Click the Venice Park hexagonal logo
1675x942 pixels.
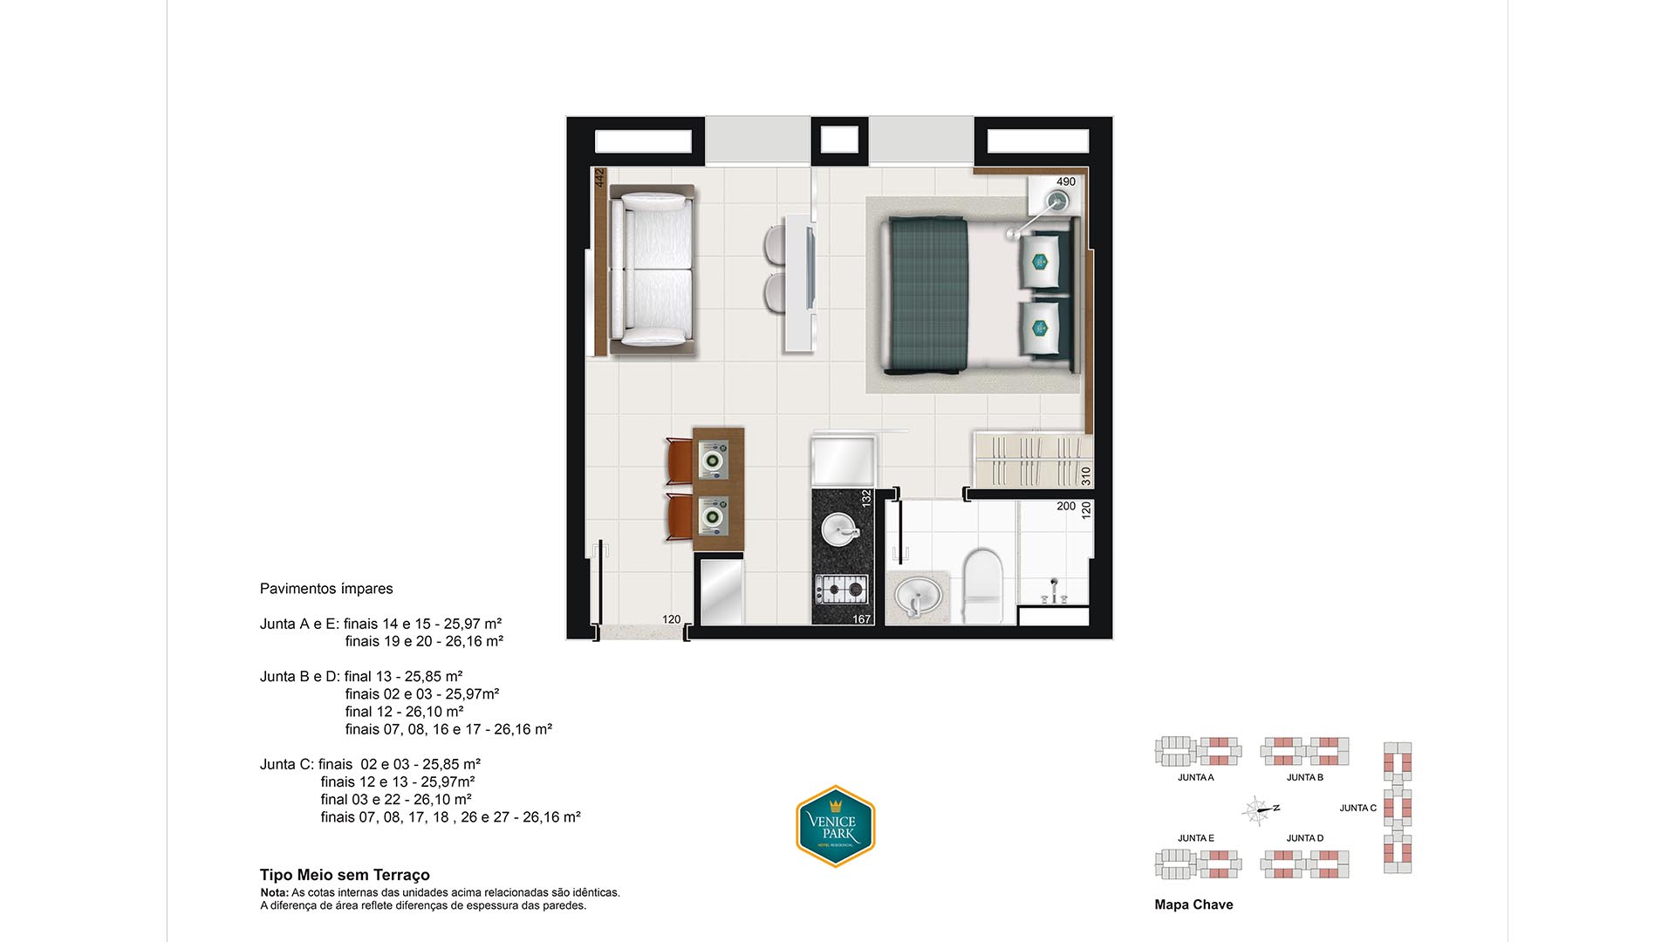(x=836, y=826)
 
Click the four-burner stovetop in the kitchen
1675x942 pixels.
(x=842, y=590)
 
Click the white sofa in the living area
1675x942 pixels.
(x=653, y=270)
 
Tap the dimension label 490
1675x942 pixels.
(x=1066, y=181)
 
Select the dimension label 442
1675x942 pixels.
(x=599, y=178)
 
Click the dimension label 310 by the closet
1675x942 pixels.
(x=1086, y=476)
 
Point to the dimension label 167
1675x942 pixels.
(x=862, y=619)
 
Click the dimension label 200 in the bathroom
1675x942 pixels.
(x=1066, y=506)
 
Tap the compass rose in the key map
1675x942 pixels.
(x=1258, y=810)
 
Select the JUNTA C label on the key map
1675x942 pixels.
(x=1358, y=808)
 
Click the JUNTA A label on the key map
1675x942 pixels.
(x=1195, y=777)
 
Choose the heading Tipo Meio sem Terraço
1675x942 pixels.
(x=345, y=875)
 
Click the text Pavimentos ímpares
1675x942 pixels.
(x=326, y=589)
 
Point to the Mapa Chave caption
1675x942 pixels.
(x=1193, y=904)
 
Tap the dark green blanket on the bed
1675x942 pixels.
(x=926, y=296)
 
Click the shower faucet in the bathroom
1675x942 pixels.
(x=1055, y=591)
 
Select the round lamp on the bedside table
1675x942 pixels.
(x=1058, y=201)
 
